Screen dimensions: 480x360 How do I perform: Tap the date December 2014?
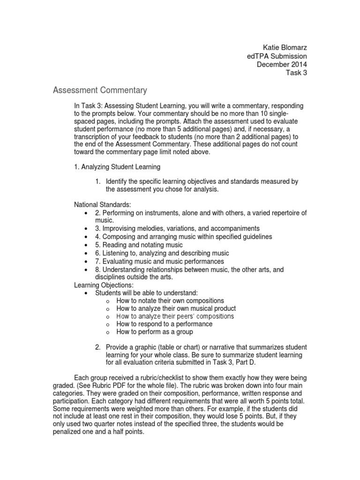(282, 64)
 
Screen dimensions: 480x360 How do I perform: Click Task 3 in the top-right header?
(296, 73)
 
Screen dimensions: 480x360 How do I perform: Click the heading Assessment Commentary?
(100, 90)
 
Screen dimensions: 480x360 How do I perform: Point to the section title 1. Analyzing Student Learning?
(117, 166)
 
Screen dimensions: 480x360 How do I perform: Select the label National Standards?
(103, 205)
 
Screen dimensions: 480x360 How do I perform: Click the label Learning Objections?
(104, 285)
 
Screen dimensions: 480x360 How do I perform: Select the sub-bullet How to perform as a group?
(155, 332)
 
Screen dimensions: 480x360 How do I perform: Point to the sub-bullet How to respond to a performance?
(164, 324)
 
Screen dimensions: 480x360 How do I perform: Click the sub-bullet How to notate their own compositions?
(170, 300)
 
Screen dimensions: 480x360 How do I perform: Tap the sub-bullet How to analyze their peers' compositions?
(175, 316)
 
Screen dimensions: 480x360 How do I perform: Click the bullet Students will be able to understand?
(143, 292)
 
